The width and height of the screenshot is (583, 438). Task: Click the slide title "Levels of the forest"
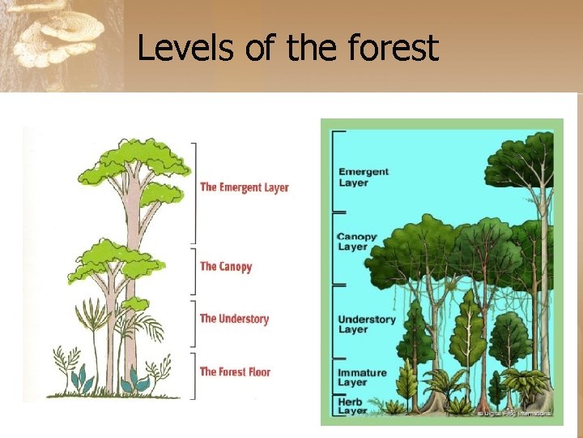(x=287, y=48)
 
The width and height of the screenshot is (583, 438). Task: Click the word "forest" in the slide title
(x=392, y=48)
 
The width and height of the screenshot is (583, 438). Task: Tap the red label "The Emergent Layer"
(x=244, y=187)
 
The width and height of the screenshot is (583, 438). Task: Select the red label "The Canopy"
(x=226, y=266)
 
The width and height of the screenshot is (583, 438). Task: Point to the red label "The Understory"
(x=234, y=319)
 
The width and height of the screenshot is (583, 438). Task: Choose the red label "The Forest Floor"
(x=235, y=372)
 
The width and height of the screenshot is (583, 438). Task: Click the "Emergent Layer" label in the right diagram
(x=364, y=177)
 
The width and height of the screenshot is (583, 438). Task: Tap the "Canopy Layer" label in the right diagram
(x=357, y=242)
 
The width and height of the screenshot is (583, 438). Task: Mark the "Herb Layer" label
(x=352, y=406)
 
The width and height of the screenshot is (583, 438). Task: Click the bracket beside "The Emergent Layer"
(x=193, y=193)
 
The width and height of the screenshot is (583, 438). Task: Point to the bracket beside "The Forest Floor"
(x=193, y=375)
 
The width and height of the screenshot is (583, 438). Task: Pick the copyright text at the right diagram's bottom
(x=514, y=414)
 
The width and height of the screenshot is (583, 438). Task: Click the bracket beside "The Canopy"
(x=193, y=272)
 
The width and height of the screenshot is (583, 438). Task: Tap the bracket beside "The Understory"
(x=193, y=324)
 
